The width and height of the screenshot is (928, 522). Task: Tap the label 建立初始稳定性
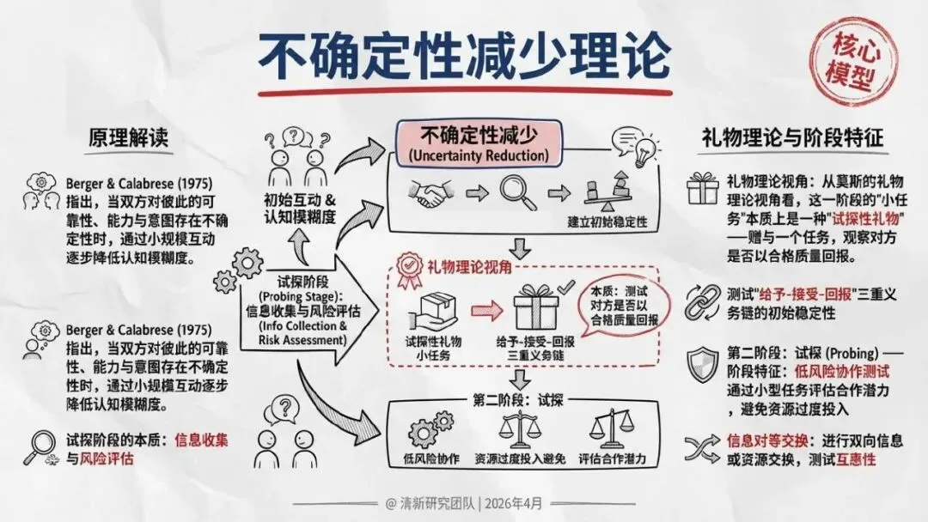point(607,222)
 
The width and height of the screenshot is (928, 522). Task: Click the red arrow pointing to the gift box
point(485,308)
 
